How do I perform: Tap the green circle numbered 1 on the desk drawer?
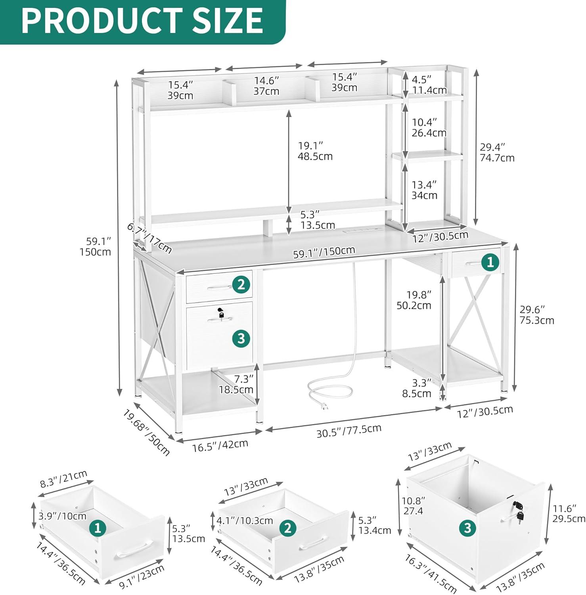490,262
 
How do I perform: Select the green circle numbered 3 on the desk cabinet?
241,338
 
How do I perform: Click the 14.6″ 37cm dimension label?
266,86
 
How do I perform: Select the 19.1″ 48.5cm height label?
315,151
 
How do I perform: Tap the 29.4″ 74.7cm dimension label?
497,152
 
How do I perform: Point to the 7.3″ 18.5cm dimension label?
236,384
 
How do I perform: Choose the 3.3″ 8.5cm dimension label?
416,388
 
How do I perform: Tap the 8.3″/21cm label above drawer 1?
63,479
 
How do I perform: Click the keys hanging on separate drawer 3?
518,511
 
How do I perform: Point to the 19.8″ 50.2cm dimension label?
414,300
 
